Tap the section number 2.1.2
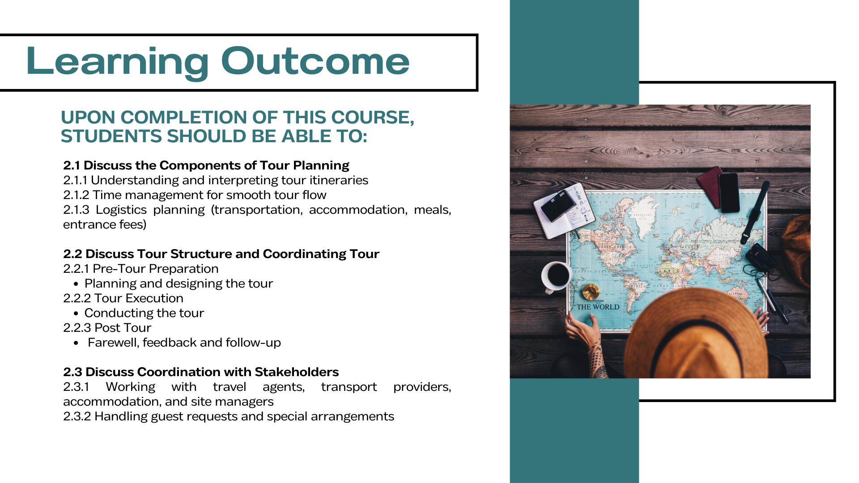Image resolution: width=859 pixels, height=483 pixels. (x=76, y=195)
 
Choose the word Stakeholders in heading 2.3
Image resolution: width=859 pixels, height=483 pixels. (x=297, y=372)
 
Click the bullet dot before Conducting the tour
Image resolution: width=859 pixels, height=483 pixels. (x=76, y=314)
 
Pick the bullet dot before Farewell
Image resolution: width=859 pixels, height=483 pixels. (x=77, y=343)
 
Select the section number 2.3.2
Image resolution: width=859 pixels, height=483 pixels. (x=77, y=416)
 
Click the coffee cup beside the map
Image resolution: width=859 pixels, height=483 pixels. (x=556, y=276)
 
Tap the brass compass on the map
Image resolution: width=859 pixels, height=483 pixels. (x=591, y=292)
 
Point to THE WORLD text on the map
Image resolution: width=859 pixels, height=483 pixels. (x=598, y=307)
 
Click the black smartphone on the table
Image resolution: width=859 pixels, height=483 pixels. (x=729, y=193)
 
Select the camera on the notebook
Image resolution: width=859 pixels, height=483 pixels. (x=558, y=206)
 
